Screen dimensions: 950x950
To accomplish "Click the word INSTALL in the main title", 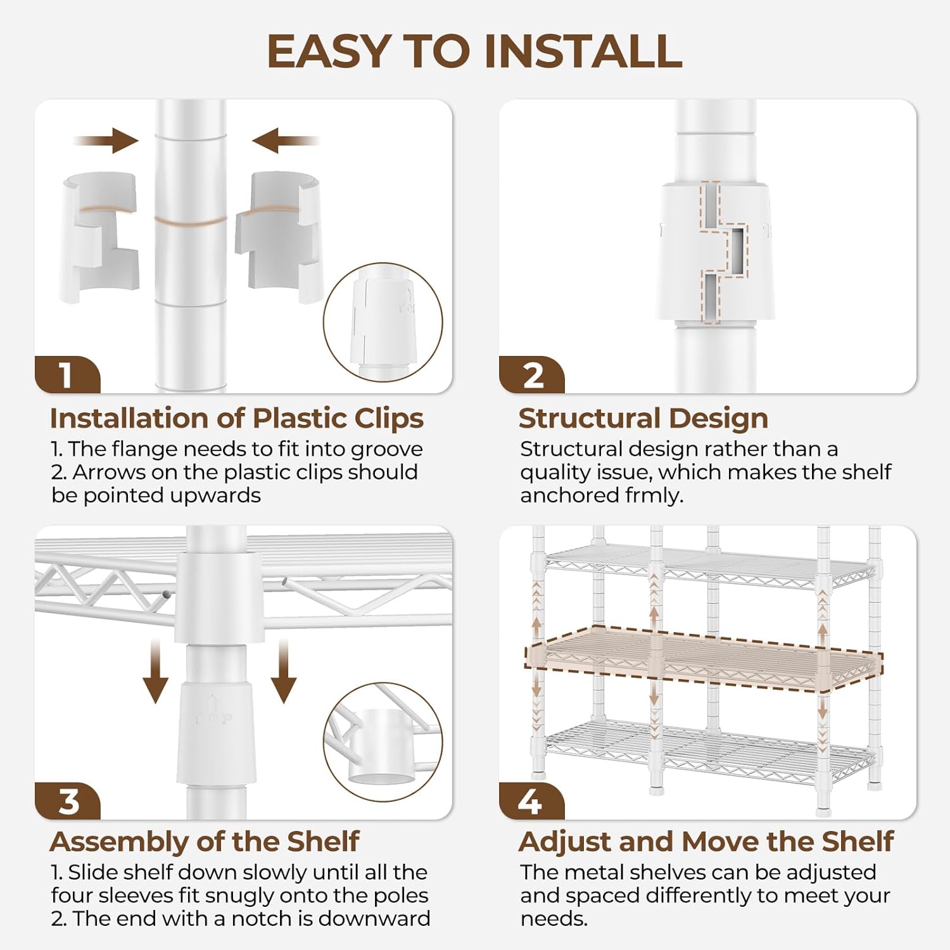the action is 583,51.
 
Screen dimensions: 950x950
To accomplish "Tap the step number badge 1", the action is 67,375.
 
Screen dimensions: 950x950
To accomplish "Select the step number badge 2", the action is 532,375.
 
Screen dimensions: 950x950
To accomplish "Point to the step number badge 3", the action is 67,801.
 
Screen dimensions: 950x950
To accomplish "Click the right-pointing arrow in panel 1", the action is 106,140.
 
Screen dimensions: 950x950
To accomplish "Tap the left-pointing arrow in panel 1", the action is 286,140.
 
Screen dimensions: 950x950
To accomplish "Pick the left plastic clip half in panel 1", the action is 99,236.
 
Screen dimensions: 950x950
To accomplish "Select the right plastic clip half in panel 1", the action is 279,236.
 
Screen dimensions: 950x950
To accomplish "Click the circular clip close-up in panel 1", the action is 383,322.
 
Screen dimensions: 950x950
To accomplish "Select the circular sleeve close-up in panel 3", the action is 383,742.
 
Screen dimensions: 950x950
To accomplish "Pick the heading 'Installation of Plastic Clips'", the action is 237,419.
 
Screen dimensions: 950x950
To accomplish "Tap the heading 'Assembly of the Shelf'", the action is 205,842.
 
